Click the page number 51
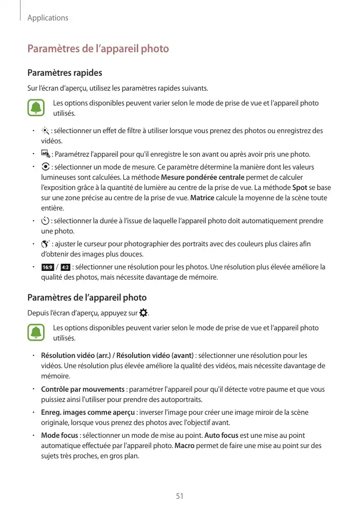pyautogui.click(x=180, y=496)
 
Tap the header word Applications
pyautogui.click(x=48, y=18)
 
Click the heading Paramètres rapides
pyautogui.click(x=65, y=73)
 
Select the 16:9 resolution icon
pyautogui.click(x=47, y=267)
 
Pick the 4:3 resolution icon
pyautogui.click(x=65, y=267)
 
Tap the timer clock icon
pyautogui.click(x=46, y=221)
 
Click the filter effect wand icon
pyautogui.click(x=46, y=131)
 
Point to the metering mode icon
pyautogui.click(x=46, y=168)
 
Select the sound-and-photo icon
pyautogui.click(x=46, y=154)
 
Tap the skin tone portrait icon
pyautogui.click(x=46, y=244)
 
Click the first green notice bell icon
pyautogui.click(x=36, y=108)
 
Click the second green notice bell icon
pyautogui.click(x=36, y=333)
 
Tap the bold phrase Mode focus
pyautogui.click(x=59, y=435)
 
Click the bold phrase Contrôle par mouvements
pyautogui.click(x=82, y=389)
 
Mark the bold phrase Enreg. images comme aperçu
pyautogui.click(x=88, y=412)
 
